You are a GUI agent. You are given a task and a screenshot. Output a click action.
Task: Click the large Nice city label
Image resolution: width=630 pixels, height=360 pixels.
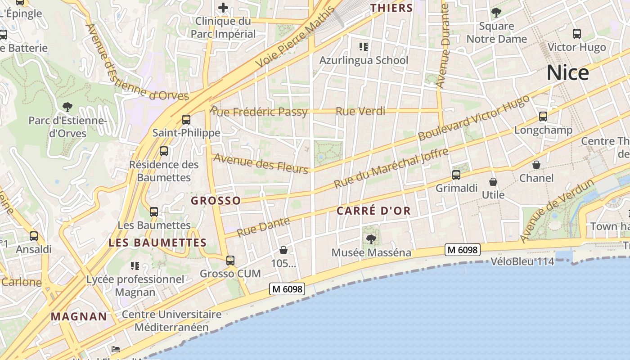pyautogui.click(x=567, y=73)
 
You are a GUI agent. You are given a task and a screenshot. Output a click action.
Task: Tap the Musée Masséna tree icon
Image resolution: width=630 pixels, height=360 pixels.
pyautogui.click(x=371, y=239)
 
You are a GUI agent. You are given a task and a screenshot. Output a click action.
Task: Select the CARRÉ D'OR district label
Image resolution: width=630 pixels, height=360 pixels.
pyautogui.click(x=373, y=211)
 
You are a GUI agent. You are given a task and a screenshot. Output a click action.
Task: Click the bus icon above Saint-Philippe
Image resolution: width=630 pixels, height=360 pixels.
pyautogui.click(x=186, y=120)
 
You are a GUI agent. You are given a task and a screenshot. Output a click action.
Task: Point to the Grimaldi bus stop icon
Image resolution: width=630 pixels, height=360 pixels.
pyautogui.click(x=456, y=175)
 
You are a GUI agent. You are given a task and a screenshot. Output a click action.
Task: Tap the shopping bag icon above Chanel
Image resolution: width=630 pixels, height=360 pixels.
pyautogui.click(x=536, y=165)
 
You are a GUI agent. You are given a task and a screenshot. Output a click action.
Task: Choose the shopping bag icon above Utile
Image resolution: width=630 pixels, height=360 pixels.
pyautogui.click(x=493, y=182)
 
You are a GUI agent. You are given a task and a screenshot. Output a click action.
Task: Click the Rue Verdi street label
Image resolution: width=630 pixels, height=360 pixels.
pyautogui.click(x=360, y=111)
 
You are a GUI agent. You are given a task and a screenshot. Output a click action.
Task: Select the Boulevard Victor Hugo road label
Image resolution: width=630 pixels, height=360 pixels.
pyautogui.click(x=473, y=118)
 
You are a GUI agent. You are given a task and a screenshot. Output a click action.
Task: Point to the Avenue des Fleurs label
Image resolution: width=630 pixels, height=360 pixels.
pyautogui.click(x=261, y=163)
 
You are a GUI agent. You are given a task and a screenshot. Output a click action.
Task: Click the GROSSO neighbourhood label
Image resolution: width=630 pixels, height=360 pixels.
pyautogui.click(x=216, y=201)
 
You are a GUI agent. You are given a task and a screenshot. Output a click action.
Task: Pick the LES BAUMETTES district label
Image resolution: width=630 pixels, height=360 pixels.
pyautogui.click(x=157, y=243)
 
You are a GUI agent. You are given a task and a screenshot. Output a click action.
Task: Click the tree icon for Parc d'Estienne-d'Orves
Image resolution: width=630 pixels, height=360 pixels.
pyautogui.click(x=67, y=107)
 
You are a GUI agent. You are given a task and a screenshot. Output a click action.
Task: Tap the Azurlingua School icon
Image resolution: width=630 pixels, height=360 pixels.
pyautogui.click(x=364, y=46)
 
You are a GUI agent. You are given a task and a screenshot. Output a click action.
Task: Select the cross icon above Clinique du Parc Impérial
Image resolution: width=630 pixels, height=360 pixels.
pyautogui.click(x=223, y=8)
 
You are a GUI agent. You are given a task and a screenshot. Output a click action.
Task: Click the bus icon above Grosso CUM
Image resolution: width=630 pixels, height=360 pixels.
pyautogui.click(x=230, y=260)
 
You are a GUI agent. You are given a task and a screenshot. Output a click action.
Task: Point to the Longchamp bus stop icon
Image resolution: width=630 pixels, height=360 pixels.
pyautogui.click(x=543, y=117)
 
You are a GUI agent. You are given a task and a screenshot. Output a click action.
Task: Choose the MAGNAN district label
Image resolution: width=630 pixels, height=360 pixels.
pyautogui.click(x=79, y=316)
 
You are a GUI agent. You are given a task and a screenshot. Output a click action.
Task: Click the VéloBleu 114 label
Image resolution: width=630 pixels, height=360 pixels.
pyautogui.click(x=522, y=261)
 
